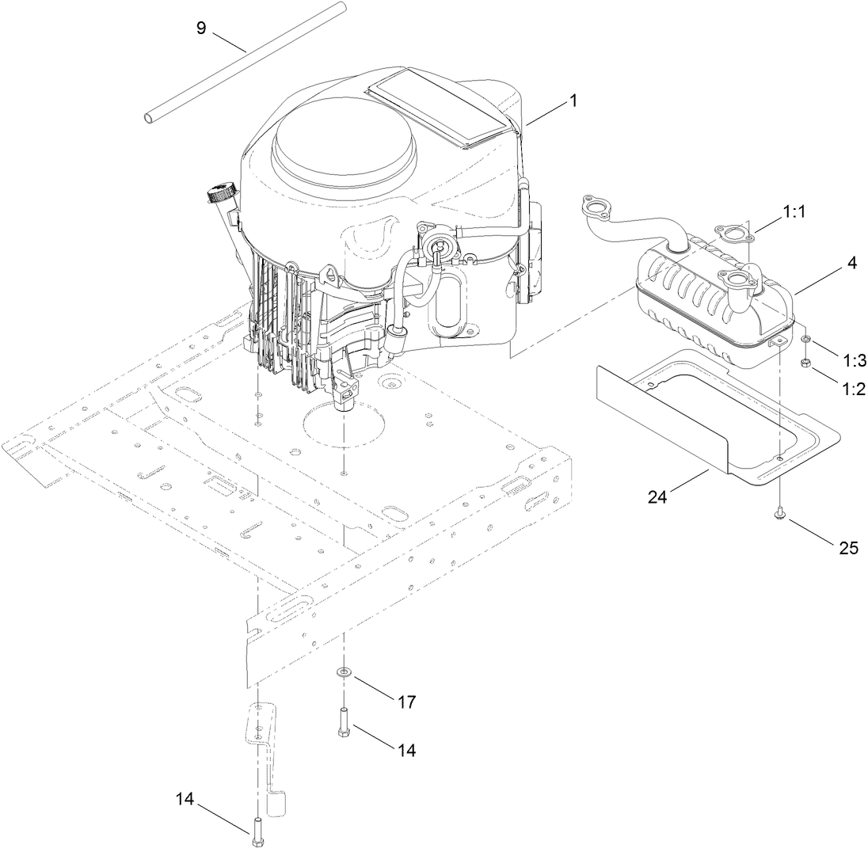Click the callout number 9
point(201,28)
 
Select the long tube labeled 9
point(246,63)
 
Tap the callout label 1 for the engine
point(574,101)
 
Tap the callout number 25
point(848,547)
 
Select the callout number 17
point(406,702)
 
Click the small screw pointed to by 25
point(780,514)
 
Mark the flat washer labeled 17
point(344,673)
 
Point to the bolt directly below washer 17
point(344,721)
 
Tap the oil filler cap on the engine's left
point(221,192)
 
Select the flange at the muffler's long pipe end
point(594,208)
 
